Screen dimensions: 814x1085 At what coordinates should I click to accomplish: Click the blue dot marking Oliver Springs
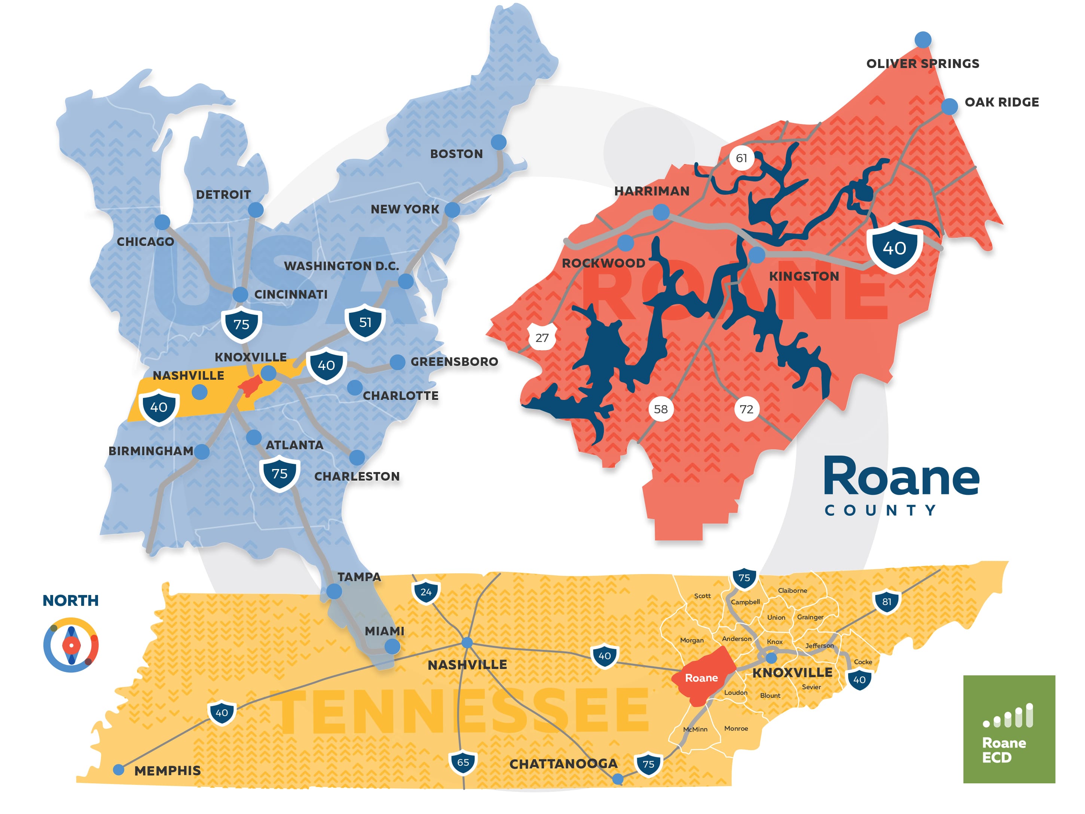(923, 40)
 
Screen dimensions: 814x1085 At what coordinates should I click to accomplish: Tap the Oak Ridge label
(1001, 102)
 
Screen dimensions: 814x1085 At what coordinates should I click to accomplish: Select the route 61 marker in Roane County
(741, 158)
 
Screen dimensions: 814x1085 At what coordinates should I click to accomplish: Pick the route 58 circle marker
(661, 409)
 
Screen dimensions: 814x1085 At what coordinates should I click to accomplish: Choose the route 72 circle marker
(746, 409)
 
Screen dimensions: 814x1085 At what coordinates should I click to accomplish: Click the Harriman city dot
(661, 212)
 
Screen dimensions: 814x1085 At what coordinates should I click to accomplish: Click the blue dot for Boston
(498, 142)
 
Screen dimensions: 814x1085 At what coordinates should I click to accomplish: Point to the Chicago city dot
(162, 222)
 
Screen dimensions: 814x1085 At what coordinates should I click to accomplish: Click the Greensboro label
(454, 362)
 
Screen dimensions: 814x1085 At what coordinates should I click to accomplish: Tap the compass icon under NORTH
(71, 645)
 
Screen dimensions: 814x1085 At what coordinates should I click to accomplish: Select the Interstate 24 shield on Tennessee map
(426, 592)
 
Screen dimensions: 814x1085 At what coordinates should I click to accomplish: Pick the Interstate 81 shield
(886, 601)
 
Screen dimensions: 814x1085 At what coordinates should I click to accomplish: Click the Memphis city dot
(118, 770)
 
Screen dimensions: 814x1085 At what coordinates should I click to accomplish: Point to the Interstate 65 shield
(462, 762)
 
